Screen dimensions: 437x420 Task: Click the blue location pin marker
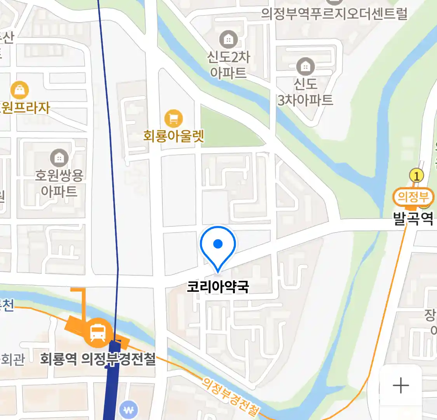pos(218,245)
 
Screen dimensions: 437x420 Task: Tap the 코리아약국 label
pos(218,287)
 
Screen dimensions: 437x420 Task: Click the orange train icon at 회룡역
pos(98,332)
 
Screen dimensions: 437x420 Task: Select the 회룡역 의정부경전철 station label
pos(98,359)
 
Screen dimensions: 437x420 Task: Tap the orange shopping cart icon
pos(173,119)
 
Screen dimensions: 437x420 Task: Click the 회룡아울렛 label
pos(174,136)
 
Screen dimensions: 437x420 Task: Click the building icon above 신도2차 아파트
pos(228,39)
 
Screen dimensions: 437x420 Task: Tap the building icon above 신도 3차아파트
pos(306,67)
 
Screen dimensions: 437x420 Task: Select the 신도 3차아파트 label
pos(305,92)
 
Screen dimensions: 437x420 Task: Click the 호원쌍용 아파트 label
pos(59,183)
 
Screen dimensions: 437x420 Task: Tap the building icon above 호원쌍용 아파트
pos(59,158)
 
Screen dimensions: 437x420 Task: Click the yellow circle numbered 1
pos(416,176)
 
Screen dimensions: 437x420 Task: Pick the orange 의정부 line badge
pos(413,197)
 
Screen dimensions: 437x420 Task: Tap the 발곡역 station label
pos(413,218)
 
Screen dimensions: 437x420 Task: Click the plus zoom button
pos(401,386)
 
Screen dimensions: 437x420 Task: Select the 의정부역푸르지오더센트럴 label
pos(334,14)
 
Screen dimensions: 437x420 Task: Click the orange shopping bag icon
pos(19,91)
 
